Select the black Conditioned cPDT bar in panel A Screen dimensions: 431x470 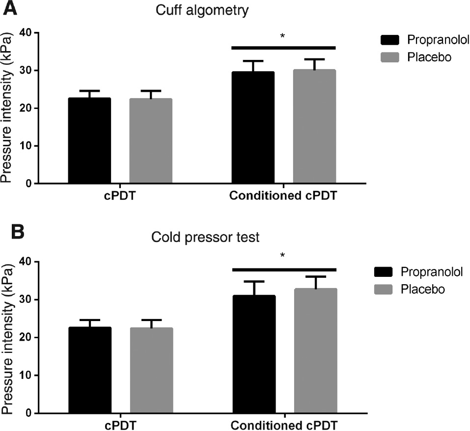[x=253, y=128]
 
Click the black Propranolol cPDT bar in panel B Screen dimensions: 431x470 [x=90, y=370]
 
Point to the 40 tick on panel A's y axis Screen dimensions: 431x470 [x=26, y=33]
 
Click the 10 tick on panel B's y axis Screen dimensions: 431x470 [x=26, y=376]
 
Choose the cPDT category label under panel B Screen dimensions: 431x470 [x=120, y=424]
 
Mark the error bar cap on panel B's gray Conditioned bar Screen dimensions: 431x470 [x=315, y=277]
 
